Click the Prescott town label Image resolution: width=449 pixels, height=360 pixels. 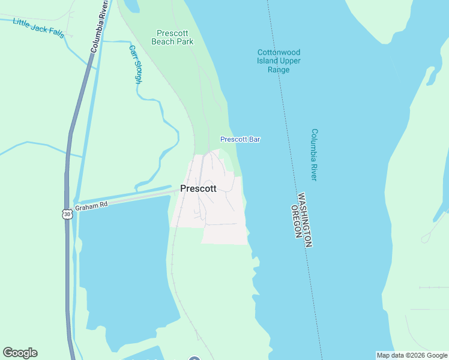[x=198, y=188]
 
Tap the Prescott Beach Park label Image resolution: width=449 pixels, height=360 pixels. [x=172, y=38]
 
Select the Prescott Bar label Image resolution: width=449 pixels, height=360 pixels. [x=240, y=139]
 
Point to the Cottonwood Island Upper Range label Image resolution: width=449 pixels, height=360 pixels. [x=279, y=61]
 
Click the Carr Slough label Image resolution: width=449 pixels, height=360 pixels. [x=134, y=64]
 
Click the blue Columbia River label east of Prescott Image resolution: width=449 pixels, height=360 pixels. [x=314, y=154]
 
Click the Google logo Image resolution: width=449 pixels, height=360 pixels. [x=20, y=353]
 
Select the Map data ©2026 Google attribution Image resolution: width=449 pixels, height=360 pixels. [x=412, y=355]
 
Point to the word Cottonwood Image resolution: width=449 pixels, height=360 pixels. [x=279, y=52]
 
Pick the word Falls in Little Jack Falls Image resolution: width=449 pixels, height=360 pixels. [x=56, y=32]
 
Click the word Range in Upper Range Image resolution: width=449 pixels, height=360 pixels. [x=279, y=70]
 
